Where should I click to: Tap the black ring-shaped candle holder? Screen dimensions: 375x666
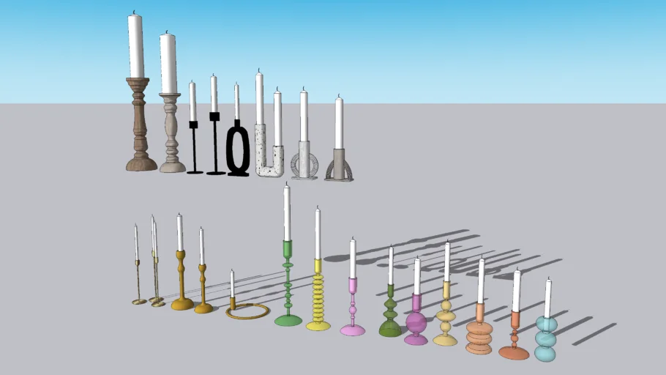click(x=238, y=150)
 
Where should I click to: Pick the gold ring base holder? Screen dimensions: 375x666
click(x=247, y=312)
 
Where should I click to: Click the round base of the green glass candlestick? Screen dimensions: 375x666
click(x=288, y=320)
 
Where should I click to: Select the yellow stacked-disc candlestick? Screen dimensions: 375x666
click(x=318, y=300)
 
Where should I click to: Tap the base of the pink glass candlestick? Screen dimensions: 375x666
click(x=352, y=330)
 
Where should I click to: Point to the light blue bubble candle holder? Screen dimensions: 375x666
click(x=545, y=338)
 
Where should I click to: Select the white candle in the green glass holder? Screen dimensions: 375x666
click(x=287, y=212)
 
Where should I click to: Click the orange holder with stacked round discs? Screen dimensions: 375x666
click(x=479, y=333)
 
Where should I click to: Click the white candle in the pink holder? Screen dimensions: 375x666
click(x=352, y=259)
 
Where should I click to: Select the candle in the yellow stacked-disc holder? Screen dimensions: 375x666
click(x=318, y=234)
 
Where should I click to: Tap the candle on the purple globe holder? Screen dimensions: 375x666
click(x=417, y=276)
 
